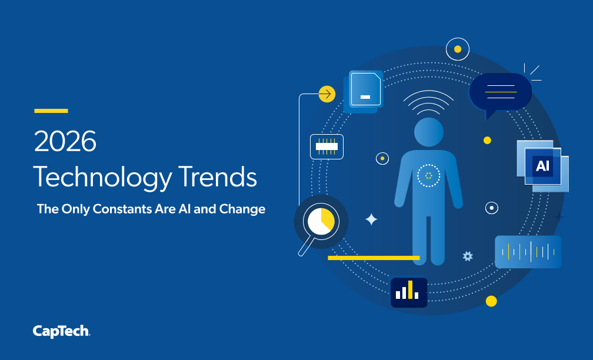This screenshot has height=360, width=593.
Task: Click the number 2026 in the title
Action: pyautogui.click(x=65, y=141)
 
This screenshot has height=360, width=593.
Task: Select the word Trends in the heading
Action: pyautogui.click(x=218, y=176)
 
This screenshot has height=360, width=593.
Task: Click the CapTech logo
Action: pyautogui.click(x=61, y=331)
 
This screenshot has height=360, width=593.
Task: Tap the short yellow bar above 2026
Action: pyautogui.click(x=51, y=111)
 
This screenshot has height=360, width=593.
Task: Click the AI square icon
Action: pyautogui.click(x=542, y=166)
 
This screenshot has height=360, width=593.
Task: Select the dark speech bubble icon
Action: pyautogui.click(x=500, y=94)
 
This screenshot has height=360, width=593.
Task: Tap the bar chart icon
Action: pyautogui.click(x=409, y=292)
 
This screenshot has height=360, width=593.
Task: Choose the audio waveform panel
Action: pyautogui.click(x=528, y=252)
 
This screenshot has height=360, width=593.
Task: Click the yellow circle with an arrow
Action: pyautogui.click(x=327, y=94)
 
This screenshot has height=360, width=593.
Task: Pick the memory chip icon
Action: pyautogui.click(x=327, y=146)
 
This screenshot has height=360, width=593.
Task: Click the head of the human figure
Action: pyautogui.click(x=428, y=132)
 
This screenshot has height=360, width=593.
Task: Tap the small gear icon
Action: pyautogui.click(x=468, y=256)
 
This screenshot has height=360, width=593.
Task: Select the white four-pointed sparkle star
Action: pyautogui.click(x=371, y=219)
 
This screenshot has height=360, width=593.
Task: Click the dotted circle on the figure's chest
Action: pyautogui.click(x=428, y=175)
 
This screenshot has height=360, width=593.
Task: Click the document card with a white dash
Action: pyautogui.click(x=364, y=91)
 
